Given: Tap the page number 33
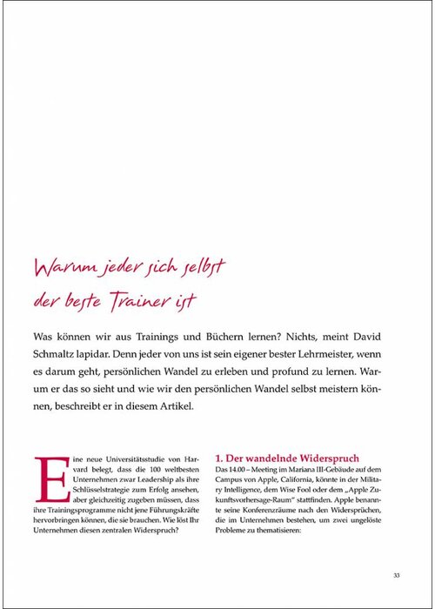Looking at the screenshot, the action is [396, 574].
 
